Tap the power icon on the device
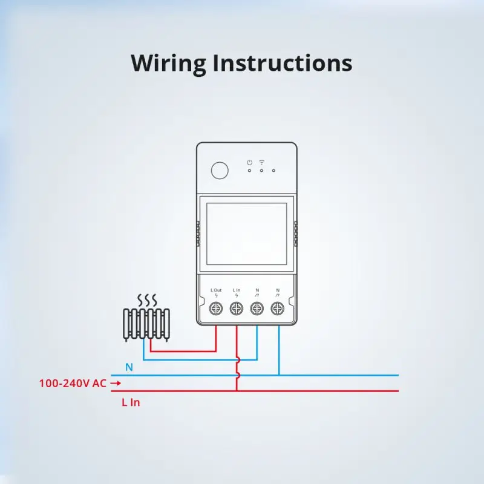click(249, 162)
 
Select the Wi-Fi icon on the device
click(262, 162)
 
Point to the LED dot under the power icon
click(249, 171)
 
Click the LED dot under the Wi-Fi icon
click(262, 171)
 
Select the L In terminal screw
click(237, 308)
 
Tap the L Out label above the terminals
click(217, 290)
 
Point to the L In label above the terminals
click(237, 290)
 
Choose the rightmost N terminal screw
click(278, 308)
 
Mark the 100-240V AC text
click(73, 383)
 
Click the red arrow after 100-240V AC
click(116, 383)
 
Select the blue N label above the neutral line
click(129, 367)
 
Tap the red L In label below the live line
click(131, 402)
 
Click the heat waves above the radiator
click(147, 300)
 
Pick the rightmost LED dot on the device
click(274, 171)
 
